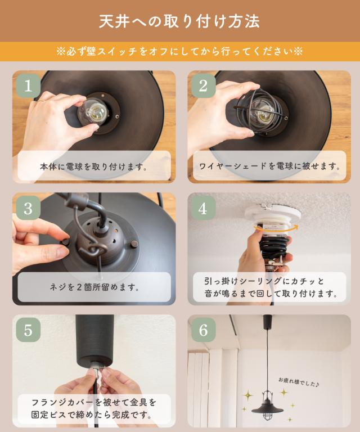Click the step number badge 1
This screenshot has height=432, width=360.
coord(28,85)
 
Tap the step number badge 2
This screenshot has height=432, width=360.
coord(203,85)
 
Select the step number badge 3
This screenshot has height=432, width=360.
coord(28,208)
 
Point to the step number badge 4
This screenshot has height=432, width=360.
coord(203,208)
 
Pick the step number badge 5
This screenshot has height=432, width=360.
coord(28,330)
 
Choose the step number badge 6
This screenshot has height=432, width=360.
coord(203,330)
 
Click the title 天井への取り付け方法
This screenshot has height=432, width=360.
coord(179,21)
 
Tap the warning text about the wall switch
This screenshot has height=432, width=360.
coord(179,51)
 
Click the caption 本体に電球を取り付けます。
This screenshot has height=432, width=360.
coord(93,166)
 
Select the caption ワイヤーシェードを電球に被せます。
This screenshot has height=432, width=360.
coord(269,166)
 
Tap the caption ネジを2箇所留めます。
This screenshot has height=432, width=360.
coord(94,287)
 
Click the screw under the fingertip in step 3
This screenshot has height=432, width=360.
coord(66,242)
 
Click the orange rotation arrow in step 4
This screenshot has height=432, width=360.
coord(276,228)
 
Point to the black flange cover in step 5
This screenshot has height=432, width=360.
coord(94,340)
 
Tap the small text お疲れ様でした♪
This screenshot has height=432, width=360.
coord(299,382)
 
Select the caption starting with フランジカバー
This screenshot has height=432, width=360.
coord(93,408)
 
